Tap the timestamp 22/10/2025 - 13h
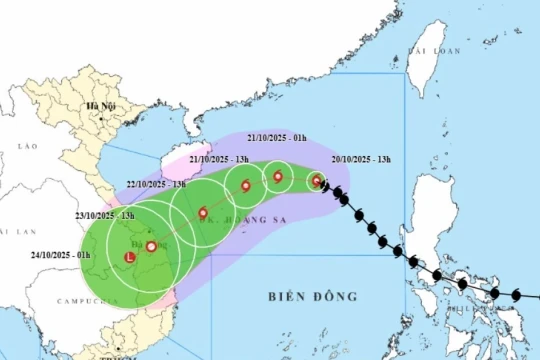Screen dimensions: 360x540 coord(157,184)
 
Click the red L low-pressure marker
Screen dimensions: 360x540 coord(128,258)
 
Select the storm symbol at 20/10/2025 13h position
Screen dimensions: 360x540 coord(317,181)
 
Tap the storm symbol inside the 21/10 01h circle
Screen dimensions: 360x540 coord(278,178)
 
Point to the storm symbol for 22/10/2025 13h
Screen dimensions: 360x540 coord(203,212)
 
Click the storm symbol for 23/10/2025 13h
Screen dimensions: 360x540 coord(151,246)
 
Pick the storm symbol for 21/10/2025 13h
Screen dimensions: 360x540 coord(245,185)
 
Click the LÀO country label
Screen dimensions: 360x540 coord(27,146)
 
